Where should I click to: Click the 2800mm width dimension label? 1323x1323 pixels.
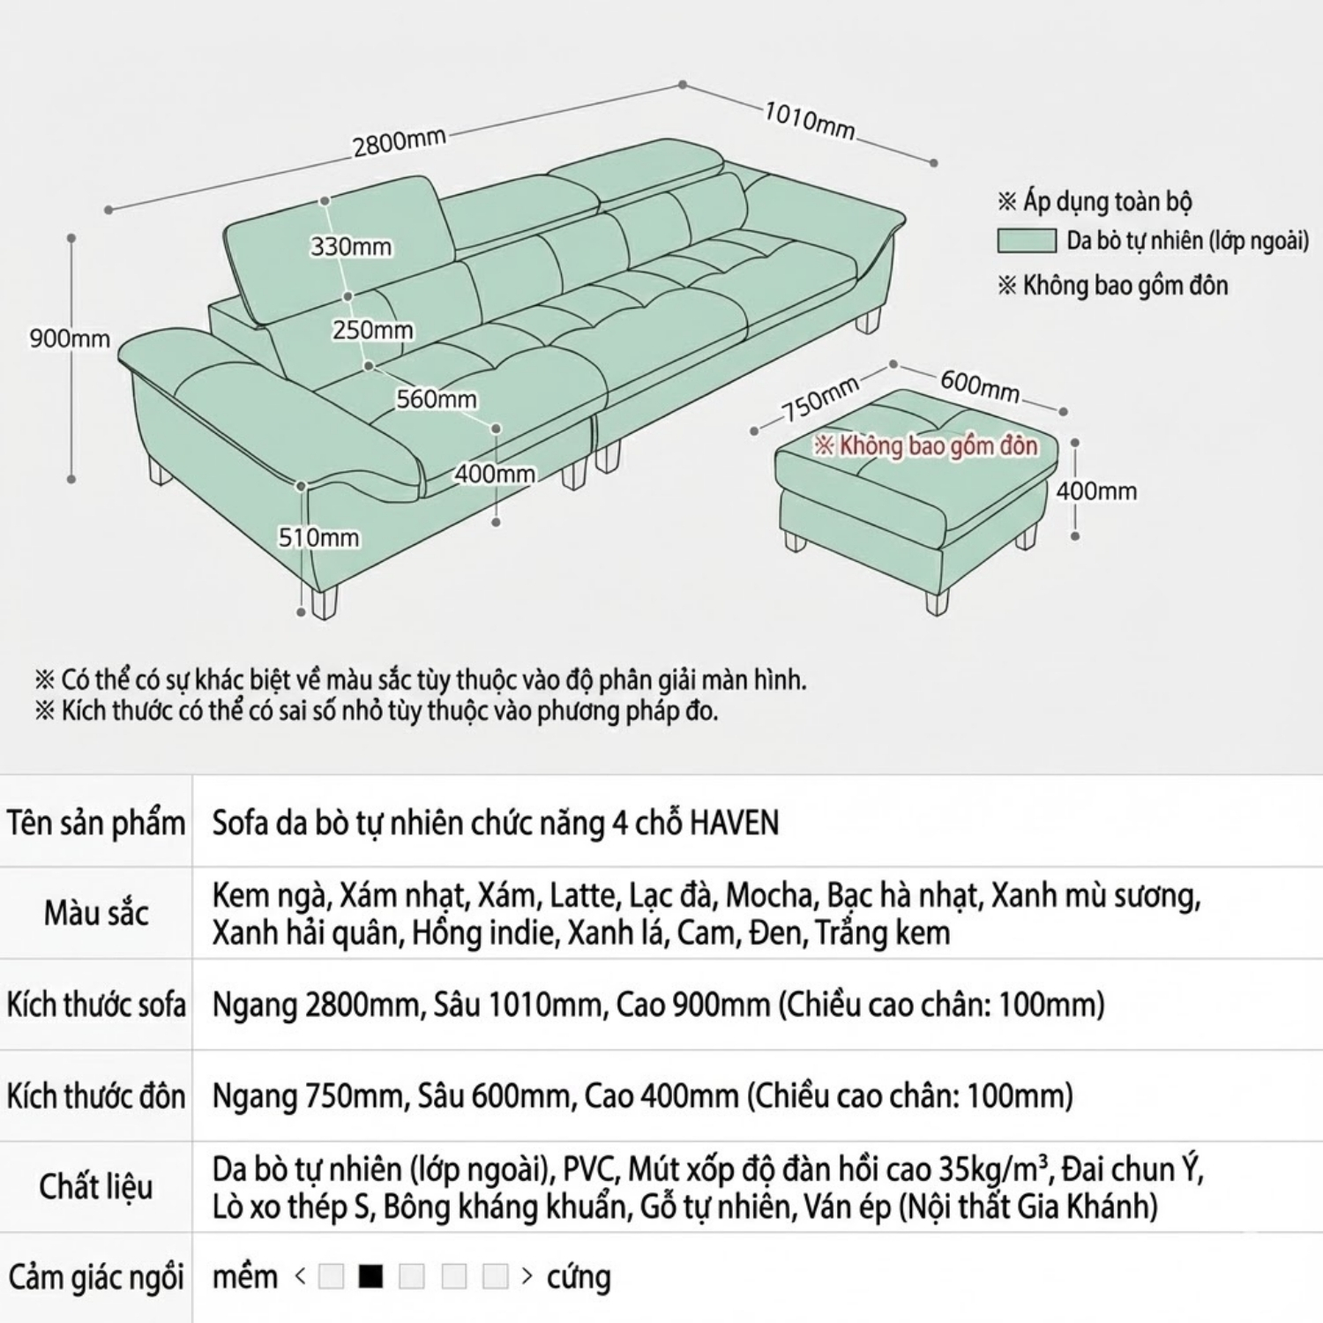click(400, 141)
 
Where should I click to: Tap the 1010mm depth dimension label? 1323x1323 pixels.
click(809, 121)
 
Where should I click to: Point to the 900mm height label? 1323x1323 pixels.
click(69, 339)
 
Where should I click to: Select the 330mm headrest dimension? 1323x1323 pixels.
click(350, 247)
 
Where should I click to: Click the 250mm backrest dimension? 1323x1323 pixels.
click(372, 330)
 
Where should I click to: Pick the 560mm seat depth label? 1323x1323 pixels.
click(436, 399)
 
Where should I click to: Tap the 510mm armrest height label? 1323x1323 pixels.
click(318, 537)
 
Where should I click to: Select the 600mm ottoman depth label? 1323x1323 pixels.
click(979, 386)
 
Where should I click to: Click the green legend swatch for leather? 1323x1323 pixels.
click(1026, 240)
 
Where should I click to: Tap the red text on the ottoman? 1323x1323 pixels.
click(925, 445)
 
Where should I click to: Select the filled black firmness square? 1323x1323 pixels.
click(371, 1276)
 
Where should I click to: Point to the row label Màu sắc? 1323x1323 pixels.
click(96, 913)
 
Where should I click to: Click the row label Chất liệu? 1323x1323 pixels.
click(96, 1186)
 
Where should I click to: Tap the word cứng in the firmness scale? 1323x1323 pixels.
click(579, 1276)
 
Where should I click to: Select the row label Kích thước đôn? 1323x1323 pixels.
click(96, 1096)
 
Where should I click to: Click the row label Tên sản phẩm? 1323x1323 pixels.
click(96, 823)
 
